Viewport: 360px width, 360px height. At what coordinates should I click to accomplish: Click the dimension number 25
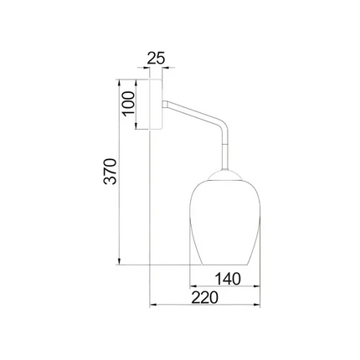(156, 59)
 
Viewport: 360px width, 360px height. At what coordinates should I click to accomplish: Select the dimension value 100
(128, 105)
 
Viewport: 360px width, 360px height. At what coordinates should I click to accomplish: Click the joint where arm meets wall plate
(167, 104)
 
